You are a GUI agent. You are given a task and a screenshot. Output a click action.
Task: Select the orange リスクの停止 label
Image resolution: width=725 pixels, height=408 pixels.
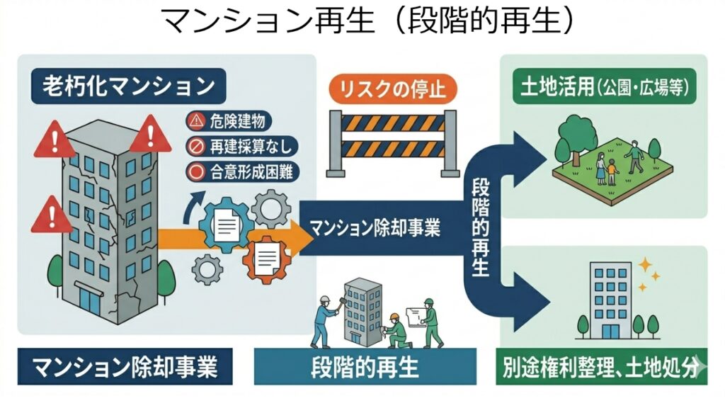[394, 89]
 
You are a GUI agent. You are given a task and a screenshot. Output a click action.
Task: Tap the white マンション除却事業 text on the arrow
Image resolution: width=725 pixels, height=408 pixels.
[375, 228]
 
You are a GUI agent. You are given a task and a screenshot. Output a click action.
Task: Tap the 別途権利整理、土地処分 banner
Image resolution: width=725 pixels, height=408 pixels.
[602, 368]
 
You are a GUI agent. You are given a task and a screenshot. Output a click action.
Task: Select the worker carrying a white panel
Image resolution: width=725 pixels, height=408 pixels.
[428, 319]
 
